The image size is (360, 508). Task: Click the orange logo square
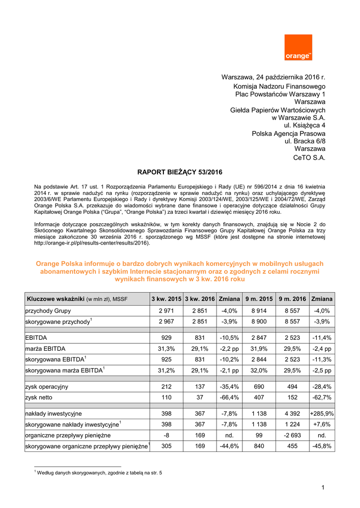pos(298,48)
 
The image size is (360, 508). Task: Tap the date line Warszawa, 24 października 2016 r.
pos(273,77)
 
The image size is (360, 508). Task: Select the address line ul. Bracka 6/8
pos(305,141)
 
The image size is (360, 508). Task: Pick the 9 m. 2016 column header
pos(292,299)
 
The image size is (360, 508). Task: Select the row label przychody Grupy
pos(48,311)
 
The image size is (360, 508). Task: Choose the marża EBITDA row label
pos(46,349)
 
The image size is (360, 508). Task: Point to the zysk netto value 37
pos(200,397)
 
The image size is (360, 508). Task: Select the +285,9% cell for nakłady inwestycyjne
pos(322,413)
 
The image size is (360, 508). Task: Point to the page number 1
pos(323,488)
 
